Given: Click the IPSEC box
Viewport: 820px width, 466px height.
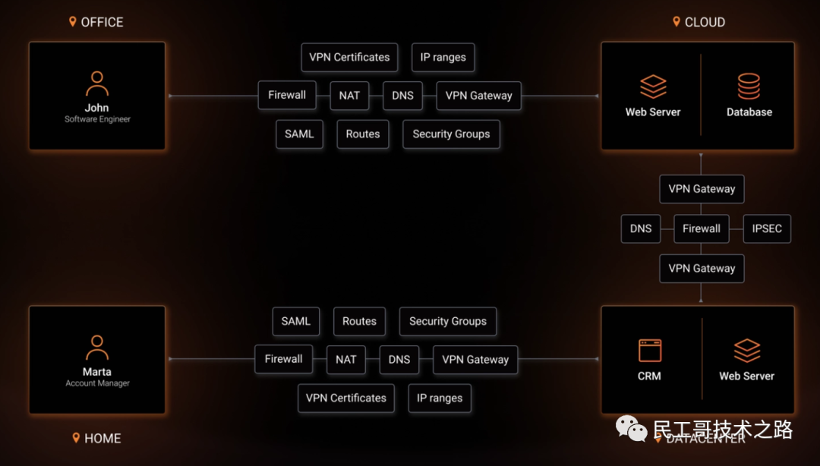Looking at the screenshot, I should pos(767,228).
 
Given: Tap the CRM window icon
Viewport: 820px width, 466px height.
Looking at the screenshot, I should pos(650,351).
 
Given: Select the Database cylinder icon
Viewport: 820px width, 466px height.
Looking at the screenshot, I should pos(749,87).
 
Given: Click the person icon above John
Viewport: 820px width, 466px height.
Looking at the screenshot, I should pos(97,83).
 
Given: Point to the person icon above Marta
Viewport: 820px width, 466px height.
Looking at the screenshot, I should pos(97,348).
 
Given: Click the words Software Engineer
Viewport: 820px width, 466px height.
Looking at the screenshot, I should pos(97,119).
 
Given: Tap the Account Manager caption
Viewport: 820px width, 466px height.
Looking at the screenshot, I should pos(97,383).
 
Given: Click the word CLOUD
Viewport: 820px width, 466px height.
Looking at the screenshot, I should pos(705,22).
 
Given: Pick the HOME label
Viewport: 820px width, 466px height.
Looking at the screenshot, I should pos(102,438).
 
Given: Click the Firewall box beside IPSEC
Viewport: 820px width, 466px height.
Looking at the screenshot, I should pos(702,228).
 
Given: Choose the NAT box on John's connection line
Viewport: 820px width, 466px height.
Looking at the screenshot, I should pos(349,96).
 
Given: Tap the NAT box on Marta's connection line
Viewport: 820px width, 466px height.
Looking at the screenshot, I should pos(346,360).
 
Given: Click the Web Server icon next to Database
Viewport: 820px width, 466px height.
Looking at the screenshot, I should pos(653,87).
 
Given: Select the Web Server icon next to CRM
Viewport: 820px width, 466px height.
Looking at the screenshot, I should pos(747,351).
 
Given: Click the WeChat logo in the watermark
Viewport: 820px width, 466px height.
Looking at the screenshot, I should pos(632,429).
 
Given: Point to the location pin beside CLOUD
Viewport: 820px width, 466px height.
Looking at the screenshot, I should pos(676,22).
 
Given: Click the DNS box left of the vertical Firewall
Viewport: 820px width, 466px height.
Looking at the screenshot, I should pos(641,228).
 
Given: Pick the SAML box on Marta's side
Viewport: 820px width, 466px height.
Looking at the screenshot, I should pos(296,321).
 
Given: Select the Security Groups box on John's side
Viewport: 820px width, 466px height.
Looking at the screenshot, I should pos(451,134).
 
